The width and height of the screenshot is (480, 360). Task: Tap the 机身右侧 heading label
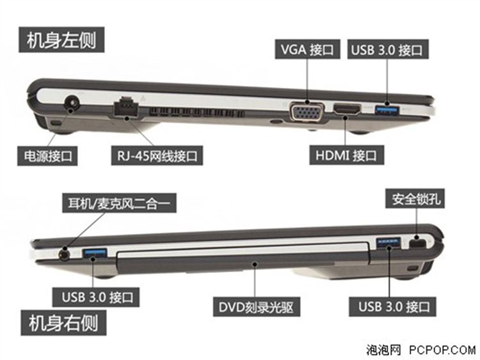click(61, 322)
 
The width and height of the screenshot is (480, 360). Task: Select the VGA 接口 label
click(307, 50)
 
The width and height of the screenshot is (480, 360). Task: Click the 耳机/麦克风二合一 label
click(118, 203)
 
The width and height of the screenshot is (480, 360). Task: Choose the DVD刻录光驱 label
click(255, 307)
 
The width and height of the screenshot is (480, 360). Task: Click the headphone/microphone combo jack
click(63, 253)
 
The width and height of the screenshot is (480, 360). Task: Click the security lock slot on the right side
click(416, 244)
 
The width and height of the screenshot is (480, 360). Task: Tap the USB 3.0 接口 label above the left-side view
click(387, 50)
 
